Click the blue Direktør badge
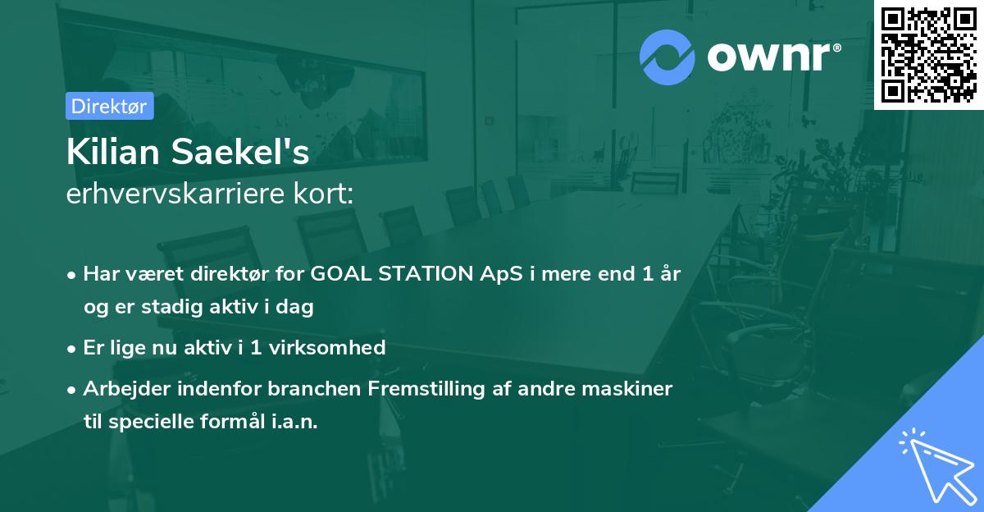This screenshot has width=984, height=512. tap(110, 106)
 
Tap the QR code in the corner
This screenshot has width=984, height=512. tap(928, 54)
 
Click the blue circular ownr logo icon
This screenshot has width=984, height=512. tap(667, 57)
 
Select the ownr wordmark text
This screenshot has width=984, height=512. tap(768, 57)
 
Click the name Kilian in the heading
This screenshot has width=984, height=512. tap(113, 152)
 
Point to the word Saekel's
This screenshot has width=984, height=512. tap(240, 152)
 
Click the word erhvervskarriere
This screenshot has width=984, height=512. tap(175, 194)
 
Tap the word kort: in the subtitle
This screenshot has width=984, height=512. tap(323, 194)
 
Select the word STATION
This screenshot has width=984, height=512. tap(426, 273)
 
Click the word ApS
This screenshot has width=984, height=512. tap(501, 274)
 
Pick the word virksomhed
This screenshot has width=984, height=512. tap(327, 347)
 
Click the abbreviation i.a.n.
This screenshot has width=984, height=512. tap(294, 422)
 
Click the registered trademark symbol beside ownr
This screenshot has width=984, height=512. tap(836, 48)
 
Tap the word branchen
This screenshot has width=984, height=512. tap(314, 388)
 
